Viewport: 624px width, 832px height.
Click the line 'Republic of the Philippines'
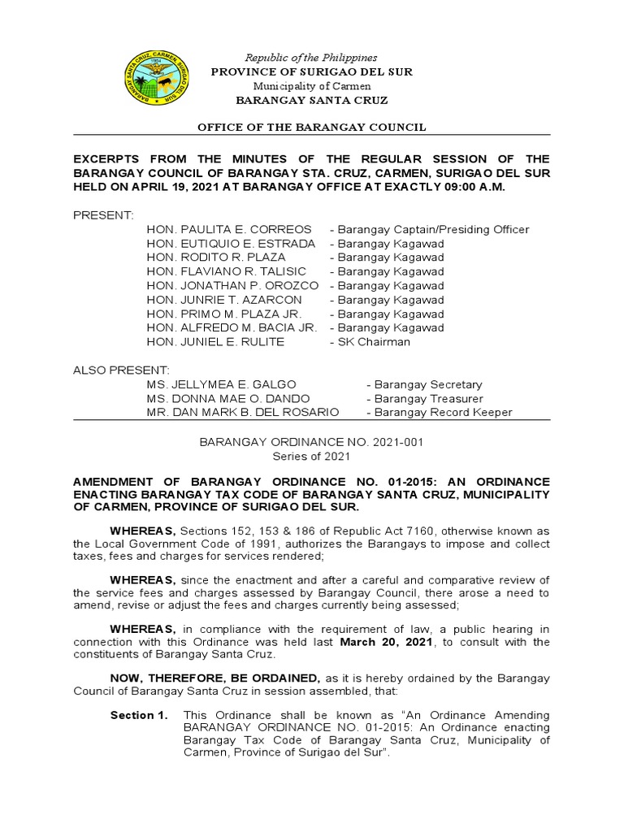311,58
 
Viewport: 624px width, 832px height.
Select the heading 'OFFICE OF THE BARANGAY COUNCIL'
312,128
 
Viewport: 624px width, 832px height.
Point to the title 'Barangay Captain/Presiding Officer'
433,230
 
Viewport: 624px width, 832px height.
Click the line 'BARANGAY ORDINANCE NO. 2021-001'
312,443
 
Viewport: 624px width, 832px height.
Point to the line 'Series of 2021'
312,457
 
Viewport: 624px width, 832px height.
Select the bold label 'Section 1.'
139,715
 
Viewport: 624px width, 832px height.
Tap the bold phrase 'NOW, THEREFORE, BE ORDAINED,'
215,678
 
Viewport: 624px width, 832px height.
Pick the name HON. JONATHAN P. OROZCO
233,286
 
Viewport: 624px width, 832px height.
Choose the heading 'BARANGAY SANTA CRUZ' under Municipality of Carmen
311,100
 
